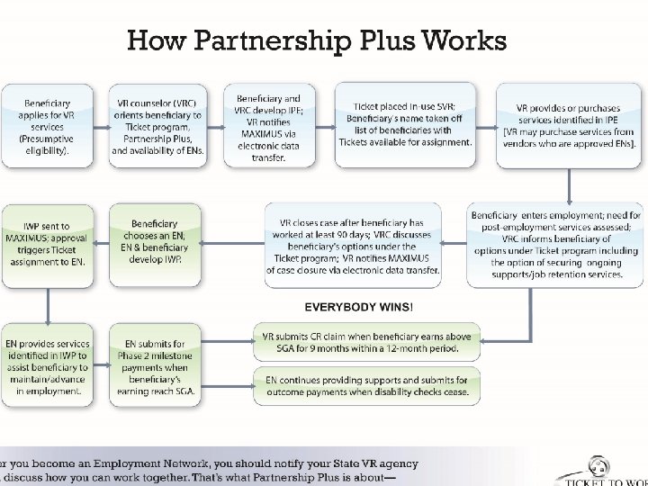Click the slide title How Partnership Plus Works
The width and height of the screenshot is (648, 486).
click(x=316, y=40)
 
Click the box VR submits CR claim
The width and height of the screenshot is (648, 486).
click(x=365, y=342)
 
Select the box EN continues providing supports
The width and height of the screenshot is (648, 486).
click(x=366, y=385)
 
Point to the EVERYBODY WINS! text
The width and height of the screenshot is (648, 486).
click(x=359, y=307)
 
